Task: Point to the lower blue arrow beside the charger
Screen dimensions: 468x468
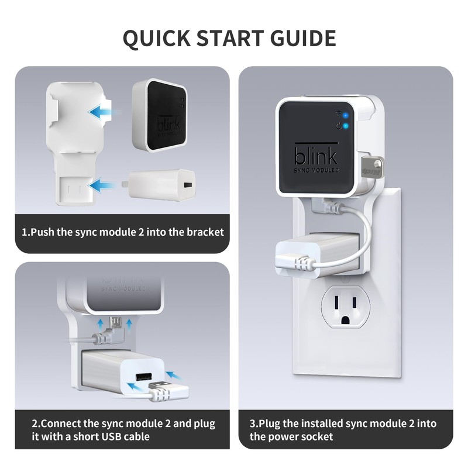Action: tap(103, 186)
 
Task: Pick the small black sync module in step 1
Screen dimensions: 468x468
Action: tap(159, 114)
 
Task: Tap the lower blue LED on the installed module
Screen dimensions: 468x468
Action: tap(346, 126)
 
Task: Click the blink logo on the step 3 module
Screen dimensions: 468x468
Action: tap(315, 157)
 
